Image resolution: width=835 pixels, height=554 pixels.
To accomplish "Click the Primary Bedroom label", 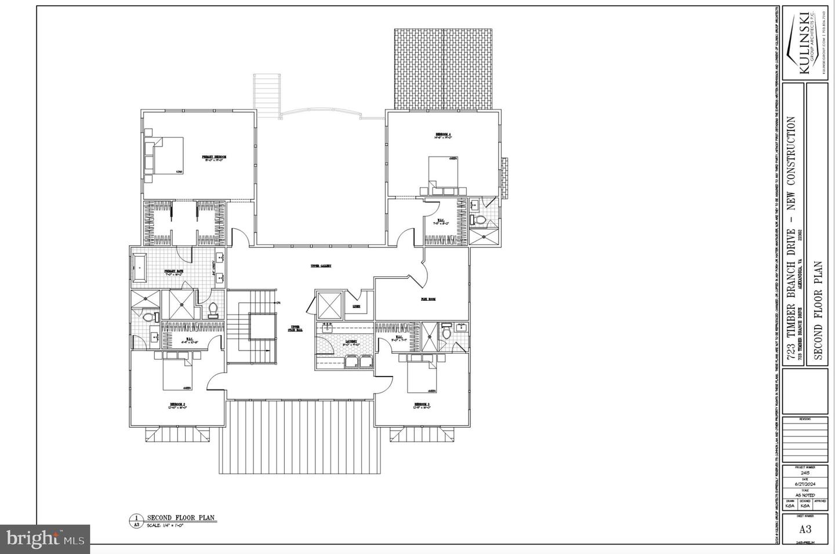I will pyautogui.click(x=213, y=158).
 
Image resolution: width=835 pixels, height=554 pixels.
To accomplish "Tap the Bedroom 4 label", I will pyautogui.click(x=443, y=135).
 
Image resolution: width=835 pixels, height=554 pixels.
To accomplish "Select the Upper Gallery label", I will pyautogui.click(x=320, y=266).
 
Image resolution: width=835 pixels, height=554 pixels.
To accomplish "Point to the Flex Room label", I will pyautogui.click(x=428, y=299).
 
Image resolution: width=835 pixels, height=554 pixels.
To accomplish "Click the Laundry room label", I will pyautogui.click(x=351, y=342).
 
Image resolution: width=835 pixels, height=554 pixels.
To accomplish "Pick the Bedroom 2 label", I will pyautogui.click(x=177, y=404).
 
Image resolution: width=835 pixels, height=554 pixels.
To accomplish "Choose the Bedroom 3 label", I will pyautogui.click(x=421, y=404).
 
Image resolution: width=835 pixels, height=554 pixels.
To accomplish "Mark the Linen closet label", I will pyautogui.click(x=356, y=307).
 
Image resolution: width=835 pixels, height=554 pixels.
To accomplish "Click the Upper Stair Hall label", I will pyautogui.click(x=296, y=328).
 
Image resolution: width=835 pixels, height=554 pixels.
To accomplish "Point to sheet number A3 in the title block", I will pyautogui.click(x=805, y=529).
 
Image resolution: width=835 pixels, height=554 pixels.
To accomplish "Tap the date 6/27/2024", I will pyautogui.click(x=805, y=483).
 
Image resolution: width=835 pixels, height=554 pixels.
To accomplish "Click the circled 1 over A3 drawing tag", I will pyautogui.click(x=135, y=520).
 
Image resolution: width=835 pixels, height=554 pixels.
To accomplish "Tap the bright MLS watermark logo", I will pyautogui.click(x=45, y=540).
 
